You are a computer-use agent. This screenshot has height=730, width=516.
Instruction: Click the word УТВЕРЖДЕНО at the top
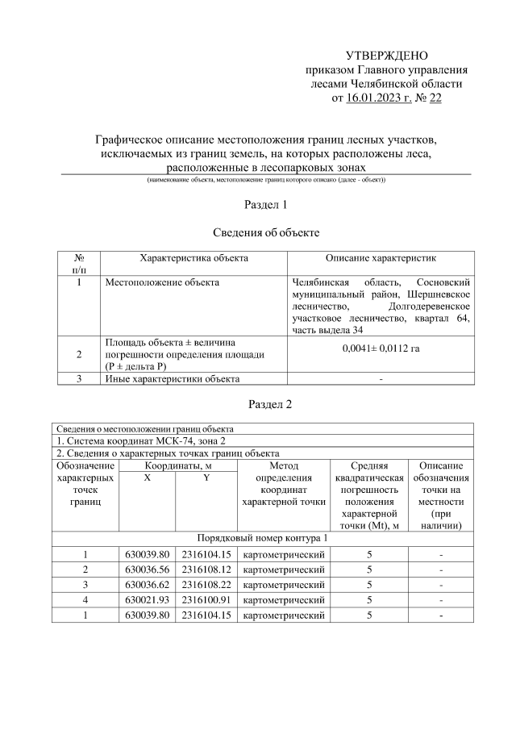click(x=385, y=56)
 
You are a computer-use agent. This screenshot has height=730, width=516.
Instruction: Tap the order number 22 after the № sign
click(x=435, y=98)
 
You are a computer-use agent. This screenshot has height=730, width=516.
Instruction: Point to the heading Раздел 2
click(x=265, y=403)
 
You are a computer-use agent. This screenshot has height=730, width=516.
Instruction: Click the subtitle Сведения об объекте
click(x=265, y=233)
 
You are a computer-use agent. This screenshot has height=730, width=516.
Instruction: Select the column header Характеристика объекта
click(x=193, y=258)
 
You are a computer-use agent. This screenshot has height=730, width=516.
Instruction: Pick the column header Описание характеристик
click(x=381, y=258)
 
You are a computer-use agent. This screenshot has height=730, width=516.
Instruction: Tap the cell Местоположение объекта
click(x=161, y=283)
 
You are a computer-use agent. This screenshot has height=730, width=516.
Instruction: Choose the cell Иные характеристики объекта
click(x=173, y=378)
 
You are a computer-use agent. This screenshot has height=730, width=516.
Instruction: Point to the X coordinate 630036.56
click(x=148, y=569)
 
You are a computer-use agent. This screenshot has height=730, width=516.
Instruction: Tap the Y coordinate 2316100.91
click(x=206, y=600)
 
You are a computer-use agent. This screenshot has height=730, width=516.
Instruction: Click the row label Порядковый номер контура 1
click(x=264, y=536)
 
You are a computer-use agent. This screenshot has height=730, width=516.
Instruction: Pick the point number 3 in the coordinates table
click(x=85, y=585)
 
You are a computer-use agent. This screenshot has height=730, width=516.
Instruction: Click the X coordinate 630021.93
click(x=148, y=600)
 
